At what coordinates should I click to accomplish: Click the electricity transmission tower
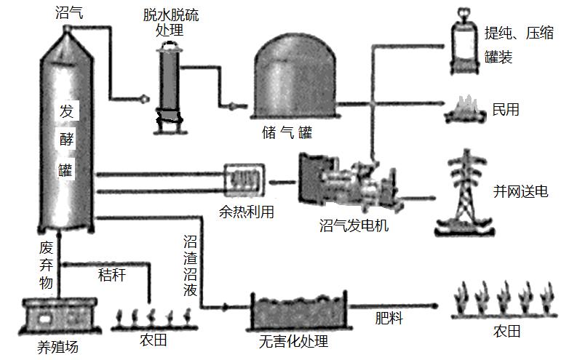(x=461, y=191)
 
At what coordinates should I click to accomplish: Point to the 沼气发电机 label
(x=354, y=225)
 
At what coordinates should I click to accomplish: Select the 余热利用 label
(x=247, y=212)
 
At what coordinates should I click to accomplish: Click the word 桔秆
(x=113, y=276)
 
